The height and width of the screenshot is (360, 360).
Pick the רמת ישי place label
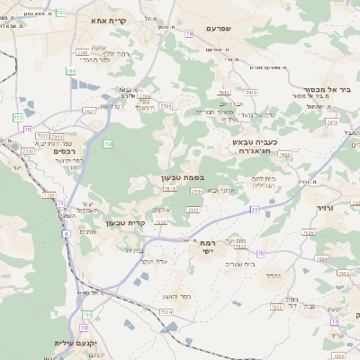pyautogui.click(x=208, y=247)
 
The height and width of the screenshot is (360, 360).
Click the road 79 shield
pyautogui.click(x=189, y=33)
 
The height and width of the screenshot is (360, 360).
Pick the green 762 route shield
pyautogui.click(x=107, y=144)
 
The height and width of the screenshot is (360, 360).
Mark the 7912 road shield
pyautogui.click(x=251, y=92)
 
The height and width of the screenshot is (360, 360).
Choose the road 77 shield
pyautogui.click(x=255, y=210)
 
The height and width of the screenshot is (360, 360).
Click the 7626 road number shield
pyautogui.click(x=309, y=232)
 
